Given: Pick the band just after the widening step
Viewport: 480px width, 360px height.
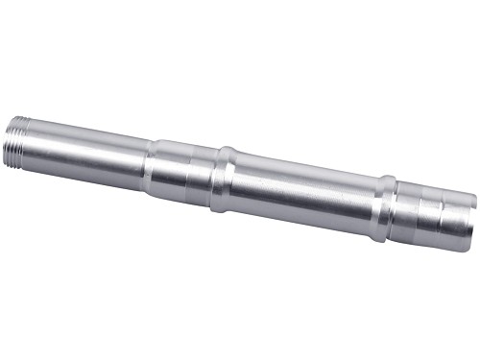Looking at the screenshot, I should (168, 169).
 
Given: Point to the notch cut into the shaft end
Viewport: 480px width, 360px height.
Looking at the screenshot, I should (470, 204).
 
